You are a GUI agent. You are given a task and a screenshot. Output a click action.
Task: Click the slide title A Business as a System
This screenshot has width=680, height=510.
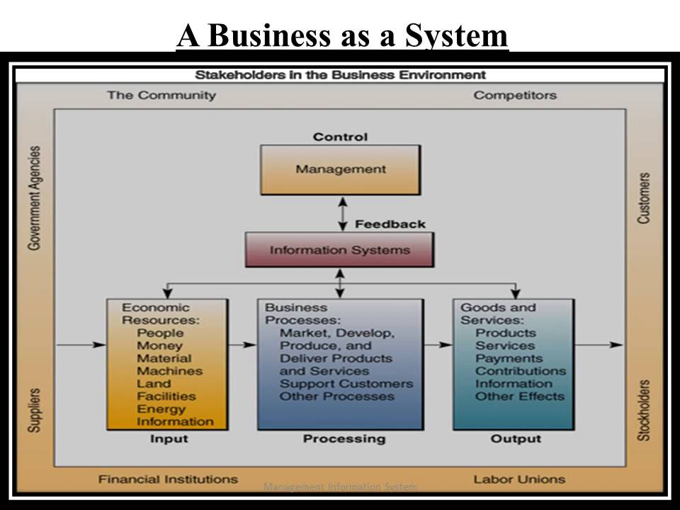[x=342, y=35]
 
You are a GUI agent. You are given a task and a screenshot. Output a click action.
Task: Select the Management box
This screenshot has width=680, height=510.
[x=340, y=169]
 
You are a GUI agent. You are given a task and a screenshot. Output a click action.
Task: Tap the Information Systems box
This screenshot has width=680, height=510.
[x=339, y=250]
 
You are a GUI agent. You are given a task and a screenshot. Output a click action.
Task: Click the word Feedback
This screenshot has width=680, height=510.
[x=390, y=224]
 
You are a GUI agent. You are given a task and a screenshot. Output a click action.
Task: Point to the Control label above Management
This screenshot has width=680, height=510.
[x=340, y=137]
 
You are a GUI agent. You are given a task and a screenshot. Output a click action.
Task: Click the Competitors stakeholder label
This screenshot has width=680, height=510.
[x=515, y=95]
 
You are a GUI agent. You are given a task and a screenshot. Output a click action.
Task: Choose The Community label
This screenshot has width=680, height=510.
[x=161, y=95]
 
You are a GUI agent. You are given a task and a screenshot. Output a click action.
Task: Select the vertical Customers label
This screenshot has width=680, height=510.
[x=644, y=198]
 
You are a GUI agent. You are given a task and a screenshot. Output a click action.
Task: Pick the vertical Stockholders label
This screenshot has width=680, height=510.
[x=644, y=411]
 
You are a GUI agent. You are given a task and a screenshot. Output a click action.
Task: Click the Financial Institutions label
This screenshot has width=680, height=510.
[x=168, y=479]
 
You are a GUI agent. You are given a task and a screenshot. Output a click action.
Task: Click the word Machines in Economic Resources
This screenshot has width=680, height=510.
[x=169, y=371]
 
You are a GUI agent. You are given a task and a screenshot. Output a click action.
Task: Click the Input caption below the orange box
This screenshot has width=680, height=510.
[x=169, y=439]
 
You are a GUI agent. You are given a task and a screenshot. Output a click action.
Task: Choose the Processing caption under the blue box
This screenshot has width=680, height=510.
[x=344, y=439]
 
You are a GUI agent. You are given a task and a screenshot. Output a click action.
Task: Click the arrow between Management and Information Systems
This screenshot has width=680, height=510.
[x=342, y=213]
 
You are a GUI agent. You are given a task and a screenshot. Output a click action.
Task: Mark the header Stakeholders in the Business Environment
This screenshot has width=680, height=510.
[x=340, y=75]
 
